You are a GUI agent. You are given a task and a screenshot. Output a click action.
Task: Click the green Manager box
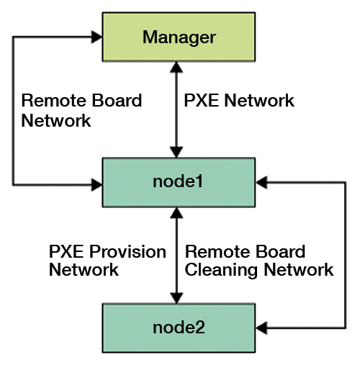[x=179, y=37]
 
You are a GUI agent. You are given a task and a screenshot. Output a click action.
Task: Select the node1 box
[x=179, y=182]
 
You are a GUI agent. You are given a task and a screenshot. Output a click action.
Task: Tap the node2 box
[x=179, y=328]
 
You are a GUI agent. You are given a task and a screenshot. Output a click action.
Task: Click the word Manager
[x=179, y=37]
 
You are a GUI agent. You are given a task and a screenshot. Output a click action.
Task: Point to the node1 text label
[x=178, y=181]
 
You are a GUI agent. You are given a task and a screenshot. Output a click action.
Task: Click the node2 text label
[x=179, y=328]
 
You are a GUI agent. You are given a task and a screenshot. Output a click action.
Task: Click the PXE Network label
[x=239, y=100]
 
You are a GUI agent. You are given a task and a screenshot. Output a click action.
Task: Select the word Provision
[x=127, y=252]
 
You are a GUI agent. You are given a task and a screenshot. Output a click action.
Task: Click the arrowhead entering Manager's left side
[x=96, y=37]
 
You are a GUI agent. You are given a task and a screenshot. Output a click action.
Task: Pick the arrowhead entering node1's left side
[x=96, y=185]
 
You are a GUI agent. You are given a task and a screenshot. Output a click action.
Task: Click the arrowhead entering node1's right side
[x=261, y=182]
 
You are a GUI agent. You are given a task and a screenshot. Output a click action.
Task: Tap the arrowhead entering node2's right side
[x=261, y=328]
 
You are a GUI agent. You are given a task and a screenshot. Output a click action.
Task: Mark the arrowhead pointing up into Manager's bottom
[x=176, y=67]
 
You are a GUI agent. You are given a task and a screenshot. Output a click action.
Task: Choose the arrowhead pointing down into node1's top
[x=176, y=152]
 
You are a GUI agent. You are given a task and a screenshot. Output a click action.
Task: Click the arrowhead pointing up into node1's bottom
[x=176, y=213]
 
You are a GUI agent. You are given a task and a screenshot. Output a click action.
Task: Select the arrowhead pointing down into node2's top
[x=176, y=298]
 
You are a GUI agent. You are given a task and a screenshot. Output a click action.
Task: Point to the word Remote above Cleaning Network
[x=212, y=252]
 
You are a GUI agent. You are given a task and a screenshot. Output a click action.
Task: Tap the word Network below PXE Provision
[x=84, y=270]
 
